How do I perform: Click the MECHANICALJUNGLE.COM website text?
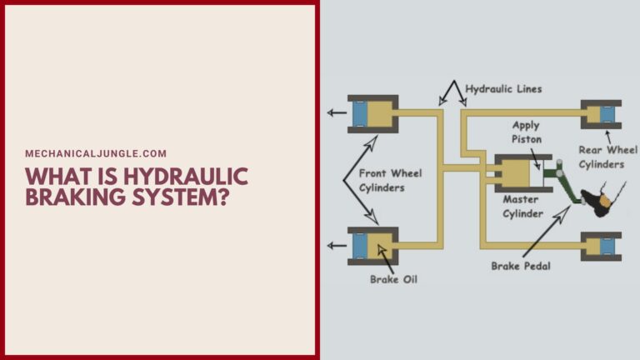point(96,153)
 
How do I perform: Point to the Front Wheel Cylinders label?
point(390,180)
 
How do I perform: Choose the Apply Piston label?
point(526,132)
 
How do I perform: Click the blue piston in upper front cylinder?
point(361,112)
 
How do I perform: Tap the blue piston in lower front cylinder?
point(361,246)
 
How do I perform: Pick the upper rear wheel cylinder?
point(602,112)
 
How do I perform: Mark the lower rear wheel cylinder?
point(602,246)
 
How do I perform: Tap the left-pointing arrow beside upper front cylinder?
point(336,112)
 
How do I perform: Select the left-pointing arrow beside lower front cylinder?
point(336,246)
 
